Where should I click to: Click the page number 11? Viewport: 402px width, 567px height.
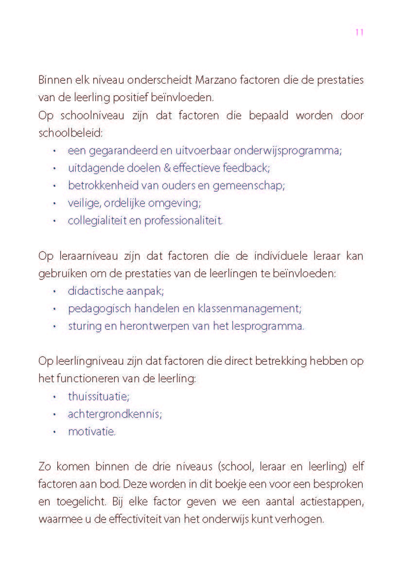click(359, 33)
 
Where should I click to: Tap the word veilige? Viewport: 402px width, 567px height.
click(83, 203)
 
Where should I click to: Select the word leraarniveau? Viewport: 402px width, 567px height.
click(79, 256)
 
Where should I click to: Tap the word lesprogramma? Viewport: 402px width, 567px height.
click(269, 326)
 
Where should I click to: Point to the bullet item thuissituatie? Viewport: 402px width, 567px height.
click(99, 396)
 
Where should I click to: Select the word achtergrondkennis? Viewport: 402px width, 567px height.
click(115, 414)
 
